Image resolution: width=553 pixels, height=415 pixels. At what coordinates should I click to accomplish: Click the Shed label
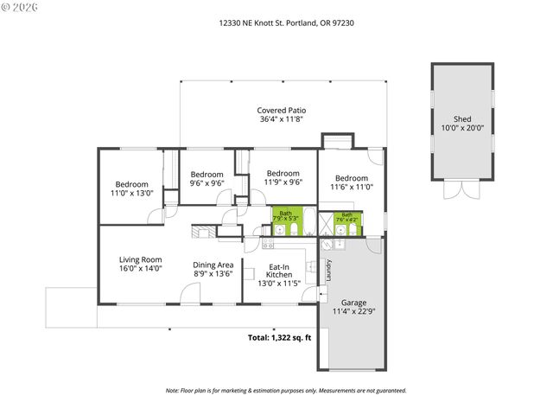tap(462, 118)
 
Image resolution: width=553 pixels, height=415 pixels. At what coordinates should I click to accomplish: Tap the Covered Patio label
tap(281, 111)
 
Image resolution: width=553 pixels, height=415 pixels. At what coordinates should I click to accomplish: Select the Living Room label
tap(140, 259)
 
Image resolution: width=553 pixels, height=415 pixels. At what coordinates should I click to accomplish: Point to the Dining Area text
tap(213, 265)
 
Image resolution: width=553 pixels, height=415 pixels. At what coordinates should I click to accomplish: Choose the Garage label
tap(353, 303)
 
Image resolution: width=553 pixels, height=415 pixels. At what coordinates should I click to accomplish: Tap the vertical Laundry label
tap(328, 271)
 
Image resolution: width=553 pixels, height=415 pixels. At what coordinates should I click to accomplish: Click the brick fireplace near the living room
tap(200, 231)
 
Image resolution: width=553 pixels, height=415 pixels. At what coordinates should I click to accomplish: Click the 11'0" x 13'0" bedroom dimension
tap(133, 194)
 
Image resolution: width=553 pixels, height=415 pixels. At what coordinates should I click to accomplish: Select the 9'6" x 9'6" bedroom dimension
tap(207, 183)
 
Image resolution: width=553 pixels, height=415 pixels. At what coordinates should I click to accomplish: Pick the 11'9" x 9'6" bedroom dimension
tap(283, 182)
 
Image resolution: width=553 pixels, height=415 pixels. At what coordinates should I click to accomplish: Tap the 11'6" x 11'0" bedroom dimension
tap(352, 187)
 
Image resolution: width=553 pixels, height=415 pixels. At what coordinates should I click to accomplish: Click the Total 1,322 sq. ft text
tap(278, 337)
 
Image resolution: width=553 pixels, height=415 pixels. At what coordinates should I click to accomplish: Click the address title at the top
tap(286, 23)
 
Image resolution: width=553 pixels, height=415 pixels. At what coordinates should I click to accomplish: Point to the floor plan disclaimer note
tap(285, 390)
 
